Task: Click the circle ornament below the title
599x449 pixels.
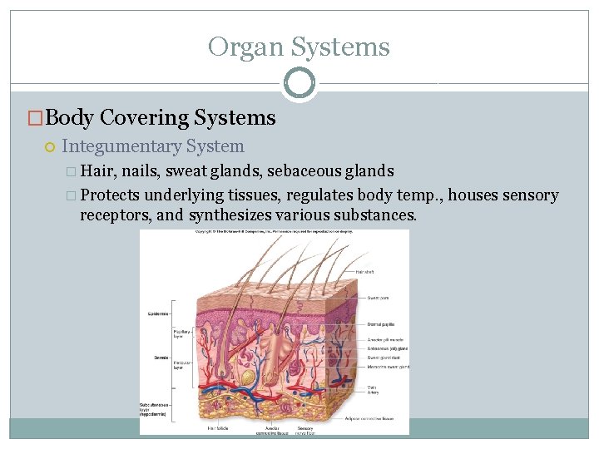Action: point(299,83)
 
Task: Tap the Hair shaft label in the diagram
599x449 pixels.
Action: point(365,272)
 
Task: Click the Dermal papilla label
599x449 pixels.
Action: point(381,323)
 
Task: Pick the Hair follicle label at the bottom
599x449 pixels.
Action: point(220,428)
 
